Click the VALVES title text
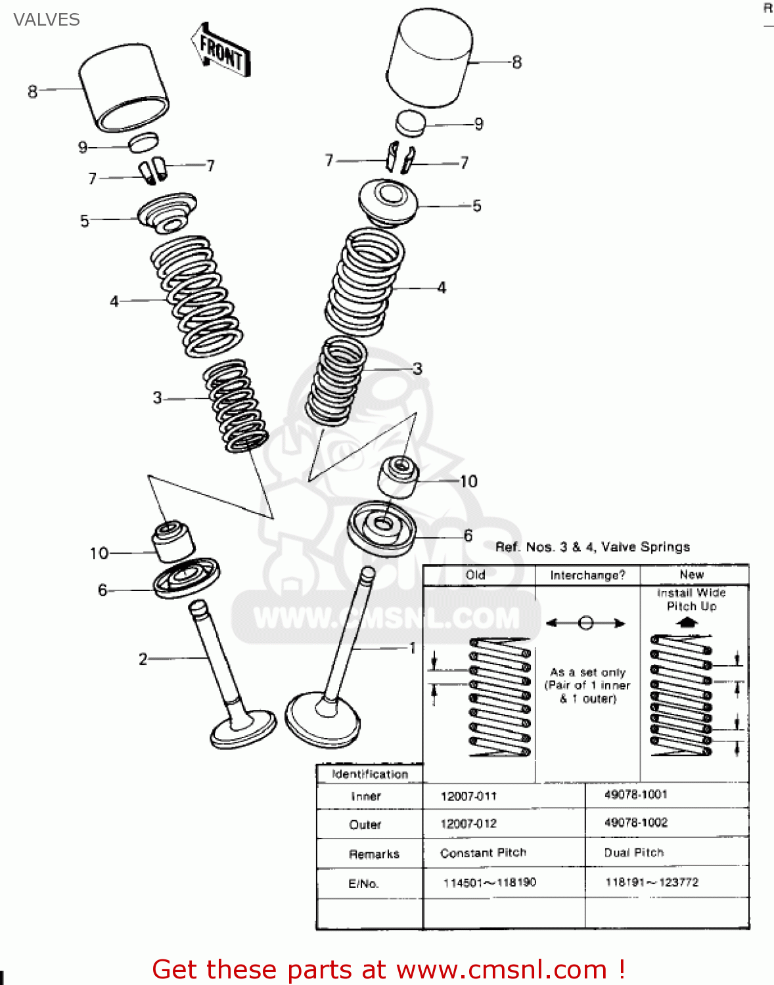(x=46, y=20)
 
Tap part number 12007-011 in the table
(x=468, y=796)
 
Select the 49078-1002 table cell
(x=635, y=822)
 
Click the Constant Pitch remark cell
(x=483, y=852)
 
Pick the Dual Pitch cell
(x=634, y=852)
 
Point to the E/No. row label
(x=363, y=883)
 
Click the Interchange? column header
(x=587, y=575)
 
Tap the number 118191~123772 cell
(x=651, y=882)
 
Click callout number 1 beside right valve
(x=413, y=648)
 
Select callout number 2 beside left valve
(x=143, y=659)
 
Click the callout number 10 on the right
(x=468, y=481)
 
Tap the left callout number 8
(x=32, y=91)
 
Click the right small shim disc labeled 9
(x=411, y=123)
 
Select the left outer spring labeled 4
(x=196, y=295)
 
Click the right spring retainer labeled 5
(x=388, y=201)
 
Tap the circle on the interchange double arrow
(x=586, y=623)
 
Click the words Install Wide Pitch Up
(x=691, y=599)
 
